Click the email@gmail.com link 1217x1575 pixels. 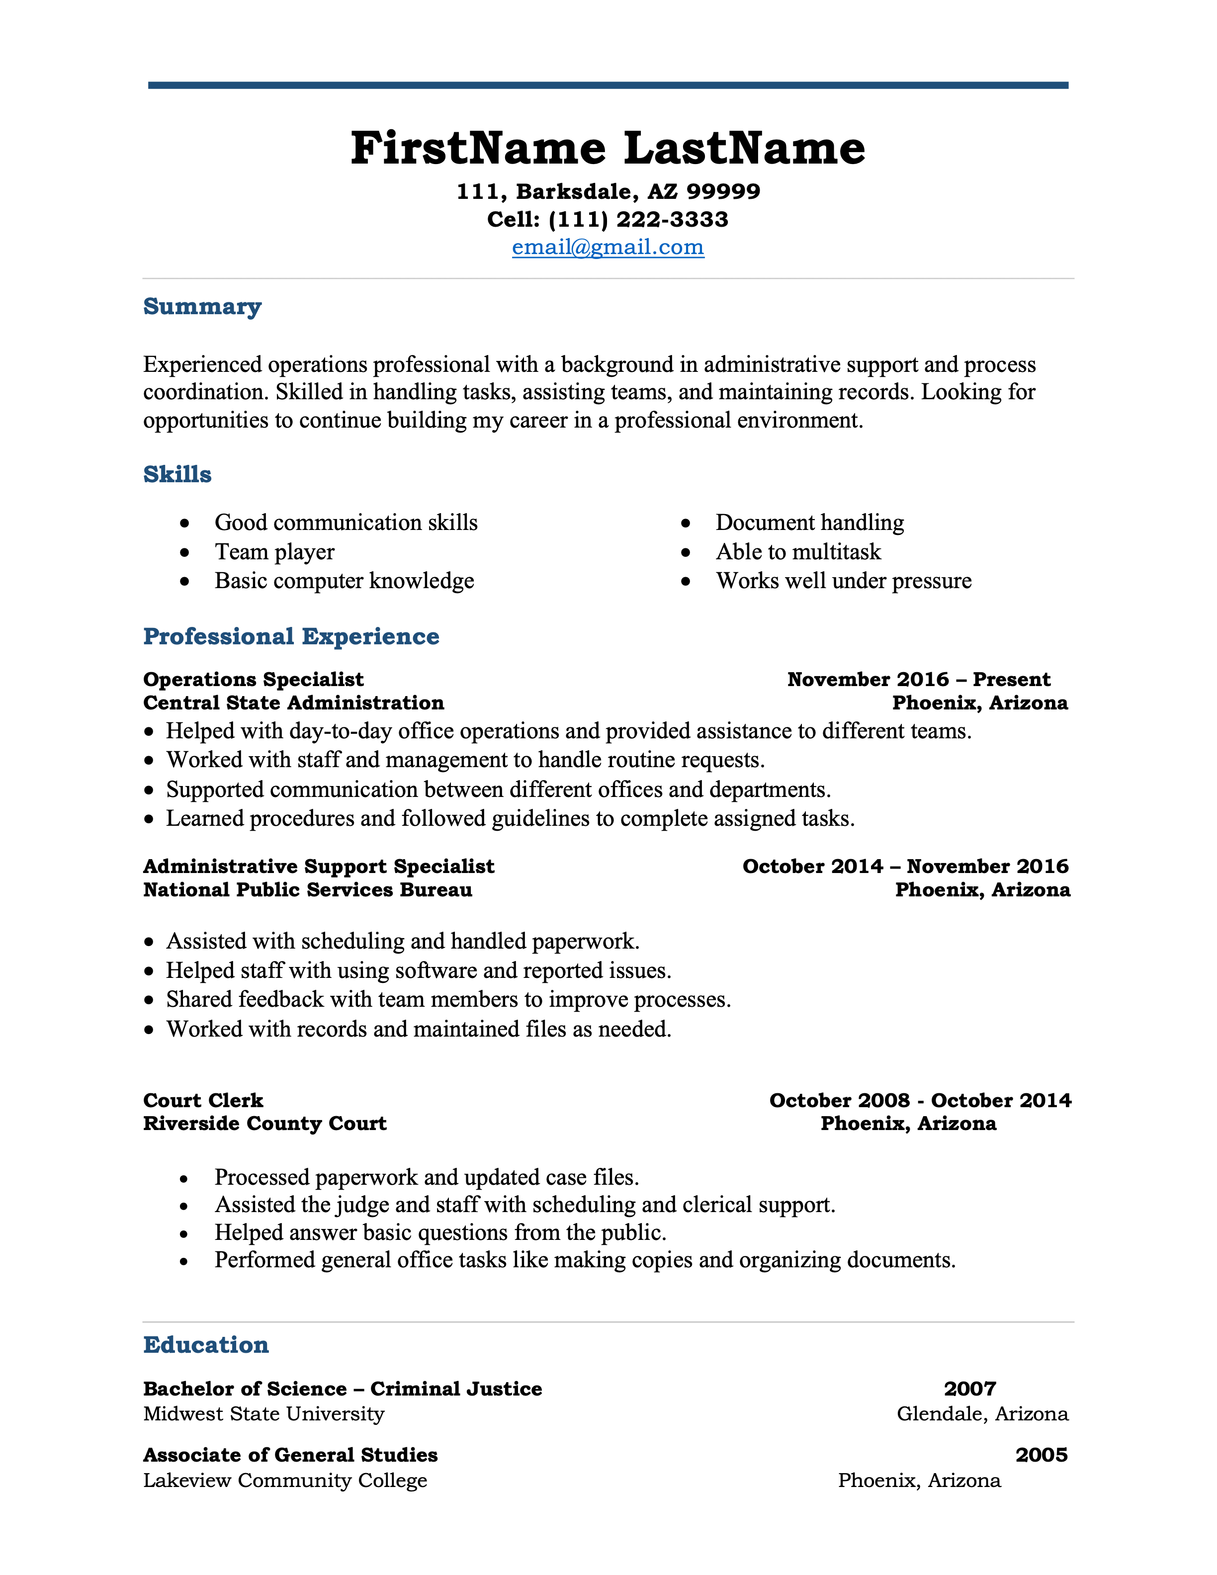coord(608,248)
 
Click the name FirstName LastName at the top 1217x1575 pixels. coord(608,149)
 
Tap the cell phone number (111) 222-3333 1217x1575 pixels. coord(637,219)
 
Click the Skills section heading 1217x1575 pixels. coord(177,474)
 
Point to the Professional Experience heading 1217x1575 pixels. coord(291,637)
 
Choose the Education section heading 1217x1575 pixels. coord(206,1345)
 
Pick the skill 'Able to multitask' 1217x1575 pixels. coord(798,552)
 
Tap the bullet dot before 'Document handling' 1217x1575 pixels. coord(686,523)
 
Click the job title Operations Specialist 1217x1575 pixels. coord(253,679)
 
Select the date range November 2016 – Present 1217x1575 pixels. coord(919,679)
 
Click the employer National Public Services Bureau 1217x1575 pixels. coord(308,890)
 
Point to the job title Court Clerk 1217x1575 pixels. coord(203,1101)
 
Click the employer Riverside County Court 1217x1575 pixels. coord(264,1124)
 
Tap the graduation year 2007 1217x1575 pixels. coord(970,1389)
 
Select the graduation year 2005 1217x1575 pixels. coord(1041,1455)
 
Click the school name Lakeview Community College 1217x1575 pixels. coord(285,1481)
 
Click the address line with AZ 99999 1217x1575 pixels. coord(608,192)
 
